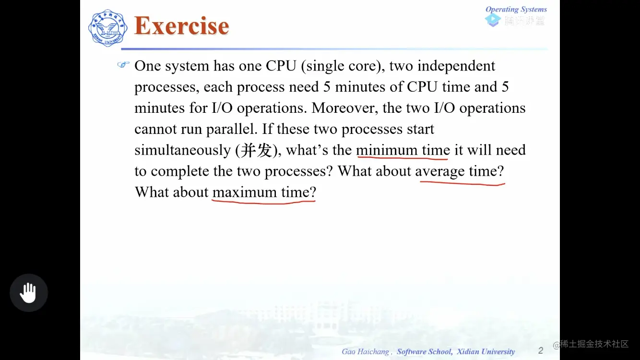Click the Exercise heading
pos(181,26)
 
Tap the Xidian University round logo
pos(107,28)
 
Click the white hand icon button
pos(29,293)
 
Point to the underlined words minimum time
pos(403,150)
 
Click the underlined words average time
pos(459,171)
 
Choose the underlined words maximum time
pos(264,192)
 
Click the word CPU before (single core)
pos(281,66)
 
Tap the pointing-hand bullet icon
pos(124,65)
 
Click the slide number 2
pos(541,350)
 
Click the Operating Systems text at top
pos(516,9)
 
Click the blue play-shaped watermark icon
pos(493,20)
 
